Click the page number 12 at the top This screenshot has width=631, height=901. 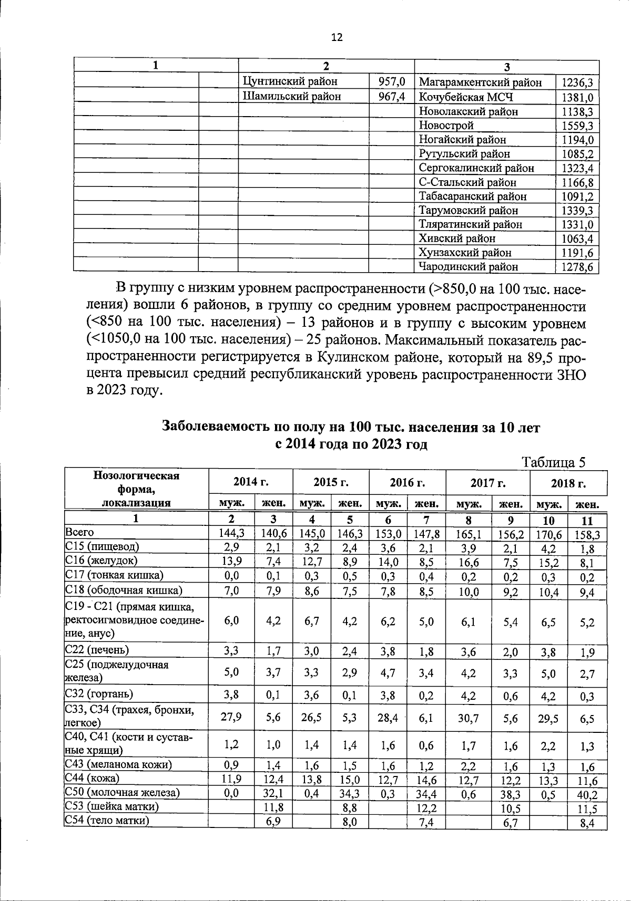[337, 37]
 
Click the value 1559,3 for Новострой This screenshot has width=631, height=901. [577, 126]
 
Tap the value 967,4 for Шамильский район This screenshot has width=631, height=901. [392, 97]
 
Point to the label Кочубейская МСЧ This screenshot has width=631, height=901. [466, 97]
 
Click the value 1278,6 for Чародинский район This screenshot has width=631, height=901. [577, 267]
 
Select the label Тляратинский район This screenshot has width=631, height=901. [471, 224]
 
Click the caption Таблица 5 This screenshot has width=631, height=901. [553, 462]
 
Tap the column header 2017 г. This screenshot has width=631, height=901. [487, 482]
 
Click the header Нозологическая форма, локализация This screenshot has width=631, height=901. [136, 489]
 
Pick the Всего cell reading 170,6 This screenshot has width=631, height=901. [548, 534]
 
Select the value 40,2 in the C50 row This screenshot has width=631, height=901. [587, 795]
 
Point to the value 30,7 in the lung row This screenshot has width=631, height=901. [468, 718]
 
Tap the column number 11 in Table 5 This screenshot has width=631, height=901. [587, 521]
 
